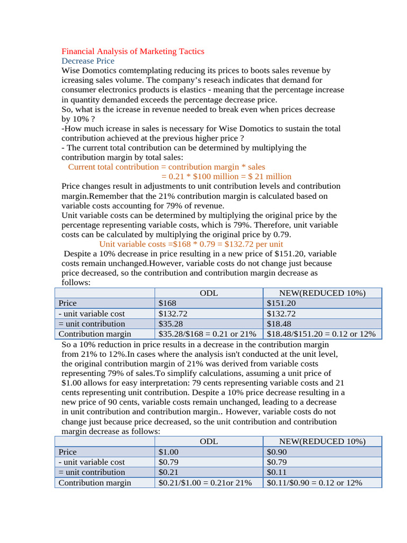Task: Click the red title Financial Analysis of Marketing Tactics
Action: click(x=132, y=51)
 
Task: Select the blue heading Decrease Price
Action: click(x=87, y=61)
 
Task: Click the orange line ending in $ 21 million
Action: click(x=226, y=177)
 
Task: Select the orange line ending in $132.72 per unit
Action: click(x=191, y=244)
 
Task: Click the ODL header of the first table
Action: click(x=208, y=293)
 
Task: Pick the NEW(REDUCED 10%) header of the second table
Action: click(x=322, y=442)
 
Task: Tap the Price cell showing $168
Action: click(x=168, y=303)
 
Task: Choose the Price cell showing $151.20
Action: click(x=281, y=303)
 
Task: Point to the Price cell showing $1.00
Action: click(x=169, y=452)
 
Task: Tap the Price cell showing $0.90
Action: click(x=277, y=452)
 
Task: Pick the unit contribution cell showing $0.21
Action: click(x=169, y=472)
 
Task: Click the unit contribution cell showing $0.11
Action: click(x=277, y=472)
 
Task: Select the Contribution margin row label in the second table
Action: click(x=94, y=483)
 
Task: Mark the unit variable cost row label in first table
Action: click(x=92, y=314)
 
